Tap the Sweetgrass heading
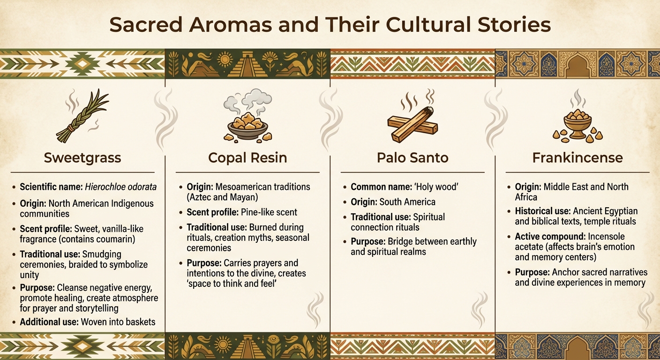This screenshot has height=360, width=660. coord(82,158)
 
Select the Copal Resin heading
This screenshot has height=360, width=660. coord(247,158)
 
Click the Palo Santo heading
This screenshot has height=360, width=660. coord(412,157)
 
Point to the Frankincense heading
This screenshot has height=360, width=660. coord(577,157)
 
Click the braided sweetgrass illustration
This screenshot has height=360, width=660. coord(82,116)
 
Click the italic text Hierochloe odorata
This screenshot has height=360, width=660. coord(121,187)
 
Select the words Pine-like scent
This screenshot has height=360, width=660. coord(269,212)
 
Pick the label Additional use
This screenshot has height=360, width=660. coord(49,322)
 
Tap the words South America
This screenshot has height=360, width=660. coord(407,202)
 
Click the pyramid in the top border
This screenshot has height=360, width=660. coord(247,64)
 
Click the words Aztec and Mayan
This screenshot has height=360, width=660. coord(222,197)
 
